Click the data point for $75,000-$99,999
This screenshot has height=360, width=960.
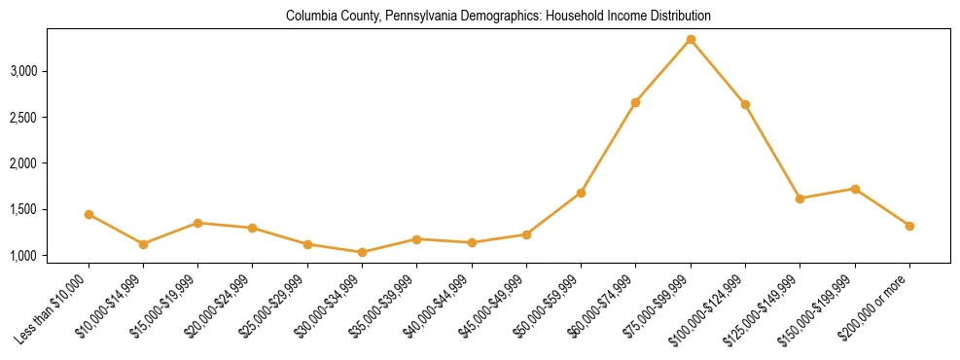(x=690, y=40)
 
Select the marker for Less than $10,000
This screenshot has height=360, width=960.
(x=89, y=214)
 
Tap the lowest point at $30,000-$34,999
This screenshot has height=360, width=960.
(x=362, y=252)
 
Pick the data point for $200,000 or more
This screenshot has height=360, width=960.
(x=909, y=226)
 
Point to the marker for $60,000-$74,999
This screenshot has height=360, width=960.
(x=635, y=102)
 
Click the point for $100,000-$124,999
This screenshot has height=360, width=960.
(x=745, y=104)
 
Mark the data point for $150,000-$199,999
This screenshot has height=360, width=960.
(x=855, y=189)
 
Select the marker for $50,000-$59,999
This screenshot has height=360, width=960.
(x=581, y=193)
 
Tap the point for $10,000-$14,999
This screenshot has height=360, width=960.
(x=143, y=244)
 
